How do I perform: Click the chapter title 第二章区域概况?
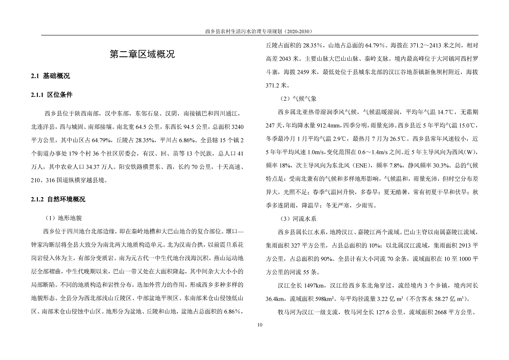142,54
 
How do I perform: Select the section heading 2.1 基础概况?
50,76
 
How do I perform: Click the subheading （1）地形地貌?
64,218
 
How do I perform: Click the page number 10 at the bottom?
260,325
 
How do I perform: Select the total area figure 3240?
237,127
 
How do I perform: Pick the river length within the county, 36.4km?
275,299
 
